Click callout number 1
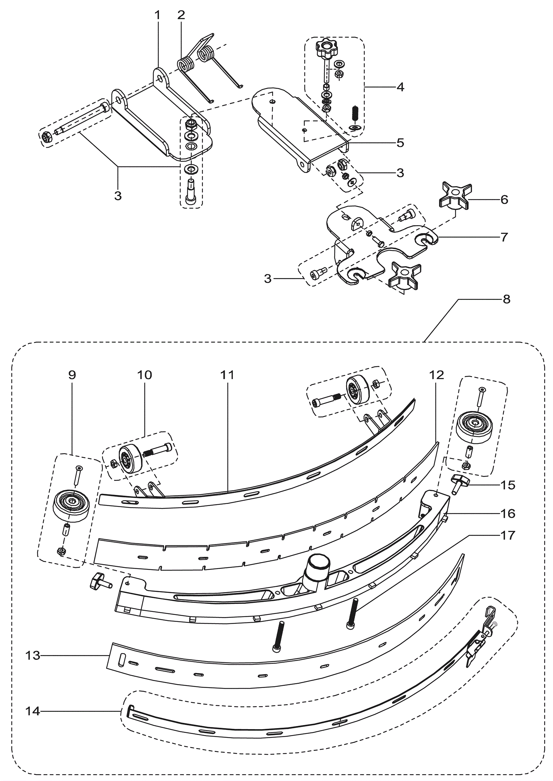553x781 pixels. point(158,15)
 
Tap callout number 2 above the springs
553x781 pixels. point(181,15)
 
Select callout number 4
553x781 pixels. point(400,87)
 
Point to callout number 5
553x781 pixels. point(400,143)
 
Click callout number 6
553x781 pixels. point(504,200)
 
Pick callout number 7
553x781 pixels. point(504,237)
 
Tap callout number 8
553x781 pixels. point(506,299)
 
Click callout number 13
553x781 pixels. point(33,656)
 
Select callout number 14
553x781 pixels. point(33,711)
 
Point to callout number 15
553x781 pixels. point(508,485)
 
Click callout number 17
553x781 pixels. point(508,535)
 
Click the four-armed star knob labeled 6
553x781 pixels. point(453,196)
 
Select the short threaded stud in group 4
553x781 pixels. point(355,113)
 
